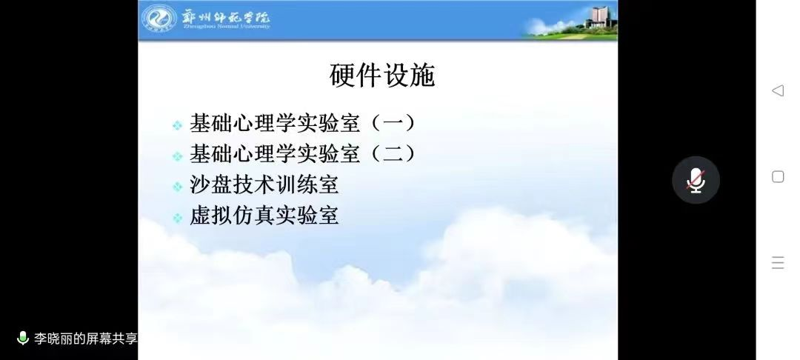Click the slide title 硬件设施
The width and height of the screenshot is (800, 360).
[x=382, y=76]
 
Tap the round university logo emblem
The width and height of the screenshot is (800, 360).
[x=159, y=19]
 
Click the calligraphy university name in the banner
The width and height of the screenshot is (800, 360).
[x=226, y=15]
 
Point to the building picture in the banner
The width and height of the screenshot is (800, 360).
[x=597, y=19]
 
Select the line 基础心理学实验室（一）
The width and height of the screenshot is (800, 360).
[x=303, y=122]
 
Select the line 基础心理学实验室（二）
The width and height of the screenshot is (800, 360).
[x=303, y=154]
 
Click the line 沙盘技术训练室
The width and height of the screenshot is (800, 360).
[x=264, y=184]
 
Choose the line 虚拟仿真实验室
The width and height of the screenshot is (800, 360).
[x=264, y=216]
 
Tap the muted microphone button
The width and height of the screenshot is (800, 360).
[x=696, y=180]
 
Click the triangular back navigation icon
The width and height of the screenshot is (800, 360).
[x=777, y=90]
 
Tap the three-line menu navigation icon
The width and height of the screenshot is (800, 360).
[x=778, y=263]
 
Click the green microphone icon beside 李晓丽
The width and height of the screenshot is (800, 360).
[x=23, y=339]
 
